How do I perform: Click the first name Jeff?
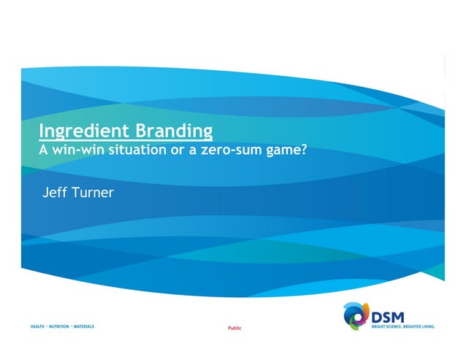click(x=56, y=194)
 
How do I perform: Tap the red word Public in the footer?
click(x=234, y=329)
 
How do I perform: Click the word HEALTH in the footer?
click(x=38, y=326)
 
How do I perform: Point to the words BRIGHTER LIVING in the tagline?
click(x=420, y=326)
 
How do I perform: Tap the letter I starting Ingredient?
click(x=40, y=132)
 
